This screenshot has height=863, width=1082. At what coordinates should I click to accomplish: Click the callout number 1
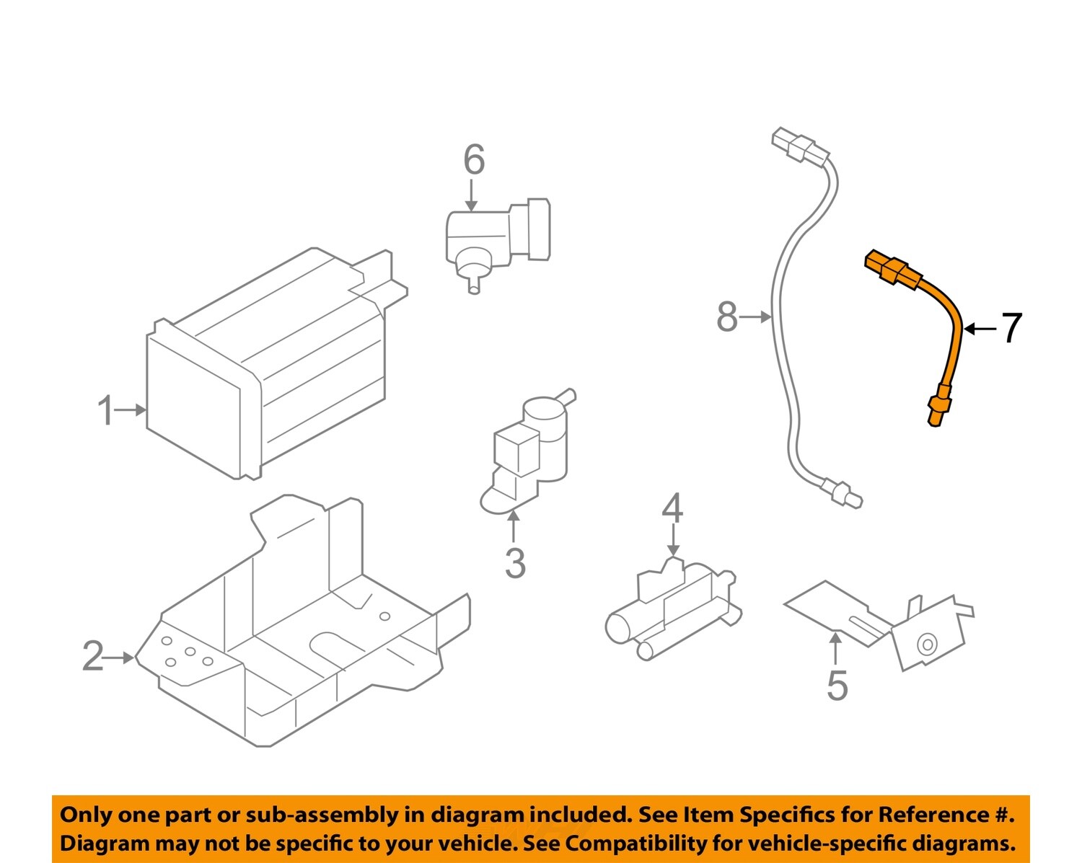point(106,410)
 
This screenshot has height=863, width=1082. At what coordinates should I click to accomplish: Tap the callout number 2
point(93,657)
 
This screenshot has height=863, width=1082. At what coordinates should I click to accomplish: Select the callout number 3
point(515,563)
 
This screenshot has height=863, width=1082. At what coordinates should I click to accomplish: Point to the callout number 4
point(672,509)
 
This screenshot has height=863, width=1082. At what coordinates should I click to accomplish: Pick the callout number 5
point(837,685)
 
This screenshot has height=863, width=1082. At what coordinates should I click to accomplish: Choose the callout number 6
point(473,159)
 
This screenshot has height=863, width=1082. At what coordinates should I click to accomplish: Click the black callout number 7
point(1012,328)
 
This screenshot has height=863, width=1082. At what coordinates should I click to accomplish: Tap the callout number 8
point(727,317)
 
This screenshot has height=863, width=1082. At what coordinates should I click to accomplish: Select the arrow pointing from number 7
point(980,329)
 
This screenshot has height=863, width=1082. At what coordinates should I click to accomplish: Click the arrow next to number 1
point(132,410)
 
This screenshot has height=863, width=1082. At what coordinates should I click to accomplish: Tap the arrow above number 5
point(835,647)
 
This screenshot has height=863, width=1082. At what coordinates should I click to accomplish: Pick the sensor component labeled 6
point(498,238)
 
